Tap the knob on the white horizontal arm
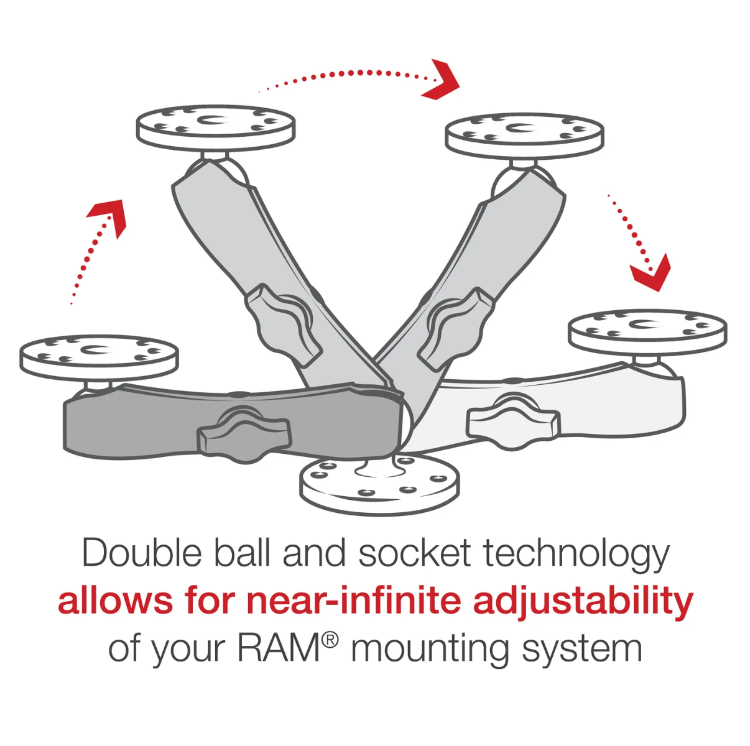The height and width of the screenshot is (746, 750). pos(512,421)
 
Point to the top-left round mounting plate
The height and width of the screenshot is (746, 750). pos(215,126)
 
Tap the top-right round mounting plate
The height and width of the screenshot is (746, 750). pos(524,133)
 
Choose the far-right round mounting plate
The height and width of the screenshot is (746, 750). pos(647,329)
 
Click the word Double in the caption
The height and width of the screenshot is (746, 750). pos(142,553)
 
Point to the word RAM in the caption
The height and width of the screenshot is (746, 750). pos(279,648)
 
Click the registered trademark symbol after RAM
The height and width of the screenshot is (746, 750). pos(330,639)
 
